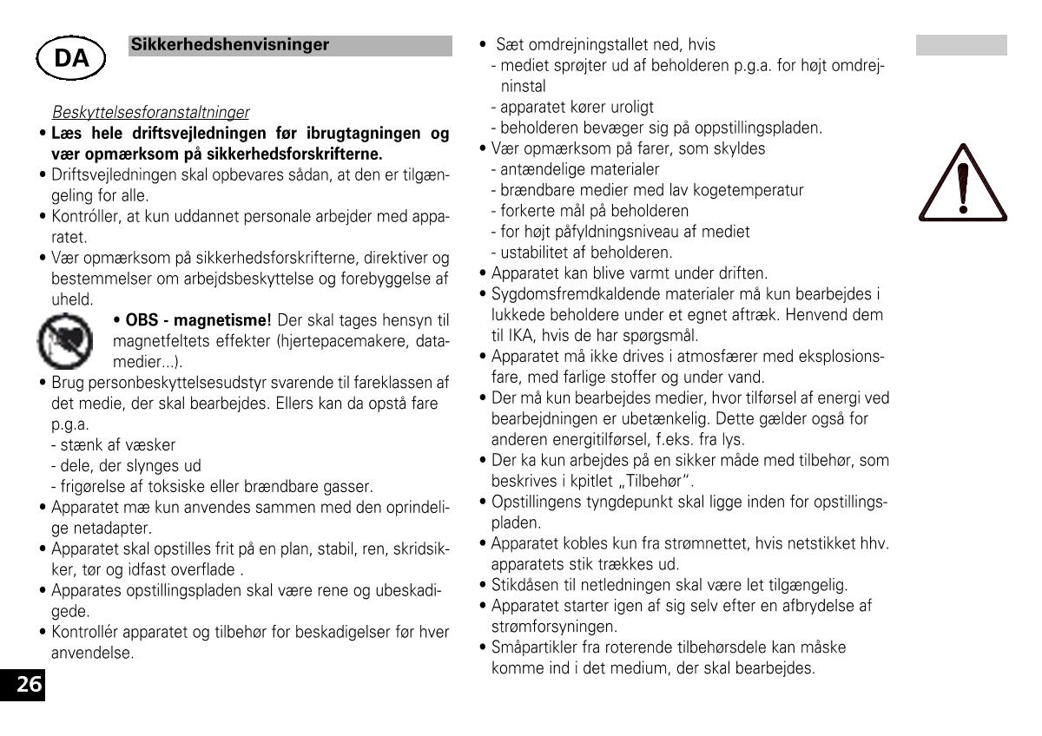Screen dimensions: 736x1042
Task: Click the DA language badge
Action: (x=70, y=58)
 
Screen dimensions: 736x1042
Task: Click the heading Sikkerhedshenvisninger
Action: (x=230, y=45)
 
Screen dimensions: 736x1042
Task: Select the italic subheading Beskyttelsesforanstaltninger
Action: (x=150, y=113)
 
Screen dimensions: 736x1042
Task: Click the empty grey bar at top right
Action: (x=960, y=46)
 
